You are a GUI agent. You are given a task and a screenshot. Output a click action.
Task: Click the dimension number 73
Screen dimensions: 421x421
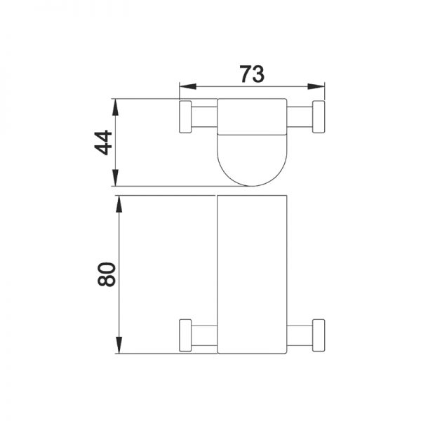[252, 74]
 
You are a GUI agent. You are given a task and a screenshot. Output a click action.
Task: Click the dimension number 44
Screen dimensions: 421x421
[103, 142]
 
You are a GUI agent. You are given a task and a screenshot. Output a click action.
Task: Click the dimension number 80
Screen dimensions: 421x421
[107, 274]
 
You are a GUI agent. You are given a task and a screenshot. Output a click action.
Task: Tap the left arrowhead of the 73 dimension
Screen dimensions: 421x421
[187, 86]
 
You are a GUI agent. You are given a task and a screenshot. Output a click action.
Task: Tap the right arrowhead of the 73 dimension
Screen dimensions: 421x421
[316, 86]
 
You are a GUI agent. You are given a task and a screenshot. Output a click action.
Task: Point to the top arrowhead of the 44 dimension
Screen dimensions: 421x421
[115, 107]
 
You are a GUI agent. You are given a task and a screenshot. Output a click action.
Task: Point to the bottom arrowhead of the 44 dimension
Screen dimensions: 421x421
[115, 178]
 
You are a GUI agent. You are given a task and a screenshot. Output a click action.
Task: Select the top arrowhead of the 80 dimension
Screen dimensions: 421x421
[119, 203]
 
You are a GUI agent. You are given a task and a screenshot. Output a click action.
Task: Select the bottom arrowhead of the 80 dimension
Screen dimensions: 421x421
[119, 345]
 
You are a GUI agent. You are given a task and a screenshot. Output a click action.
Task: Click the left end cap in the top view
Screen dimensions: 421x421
[185, 116]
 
